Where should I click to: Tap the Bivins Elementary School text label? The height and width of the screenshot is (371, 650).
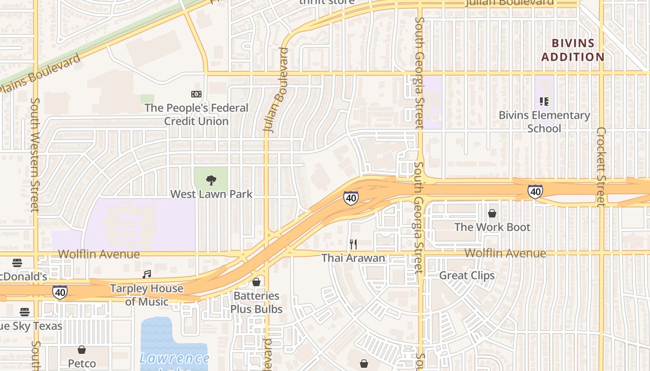click(544, 122)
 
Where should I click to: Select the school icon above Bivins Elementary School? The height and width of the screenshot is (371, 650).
click(544, 101)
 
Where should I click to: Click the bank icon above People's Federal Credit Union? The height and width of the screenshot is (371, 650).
click(196, 94)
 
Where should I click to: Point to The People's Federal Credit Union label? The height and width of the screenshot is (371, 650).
click(196, 114)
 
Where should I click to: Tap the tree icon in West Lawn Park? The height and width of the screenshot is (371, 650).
click(211, 180)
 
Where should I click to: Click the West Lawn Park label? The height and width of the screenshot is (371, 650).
click(211, 194)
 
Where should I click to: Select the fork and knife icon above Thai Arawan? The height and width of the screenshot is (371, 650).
click(353, 244)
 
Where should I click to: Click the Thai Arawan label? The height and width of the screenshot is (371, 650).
click(353, 258)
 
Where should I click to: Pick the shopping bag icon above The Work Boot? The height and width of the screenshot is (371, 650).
click(492, 213)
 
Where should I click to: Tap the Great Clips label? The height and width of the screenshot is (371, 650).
click(467, 275)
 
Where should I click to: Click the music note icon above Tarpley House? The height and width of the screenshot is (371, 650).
click(147, 275)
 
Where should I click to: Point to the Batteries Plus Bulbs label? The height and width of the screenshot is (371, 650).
click(256, 302)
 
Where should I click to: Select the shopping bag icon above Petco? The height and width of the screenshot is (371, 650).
click(82, 350)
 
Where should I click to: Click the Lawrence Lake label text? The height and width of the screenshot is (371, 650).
click(175, 358)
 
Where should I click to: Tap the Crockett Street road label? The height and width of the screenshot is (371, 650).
click(601, 167)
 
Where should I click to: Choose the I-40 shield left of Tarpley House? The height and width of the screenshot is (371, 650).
click(59, 292)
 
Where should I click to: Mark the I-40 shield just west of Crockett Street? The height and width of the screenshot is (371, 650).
click(535, 191)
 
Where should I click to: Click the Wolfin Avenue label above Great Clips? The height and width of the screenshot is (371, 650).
click(505, 253)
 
